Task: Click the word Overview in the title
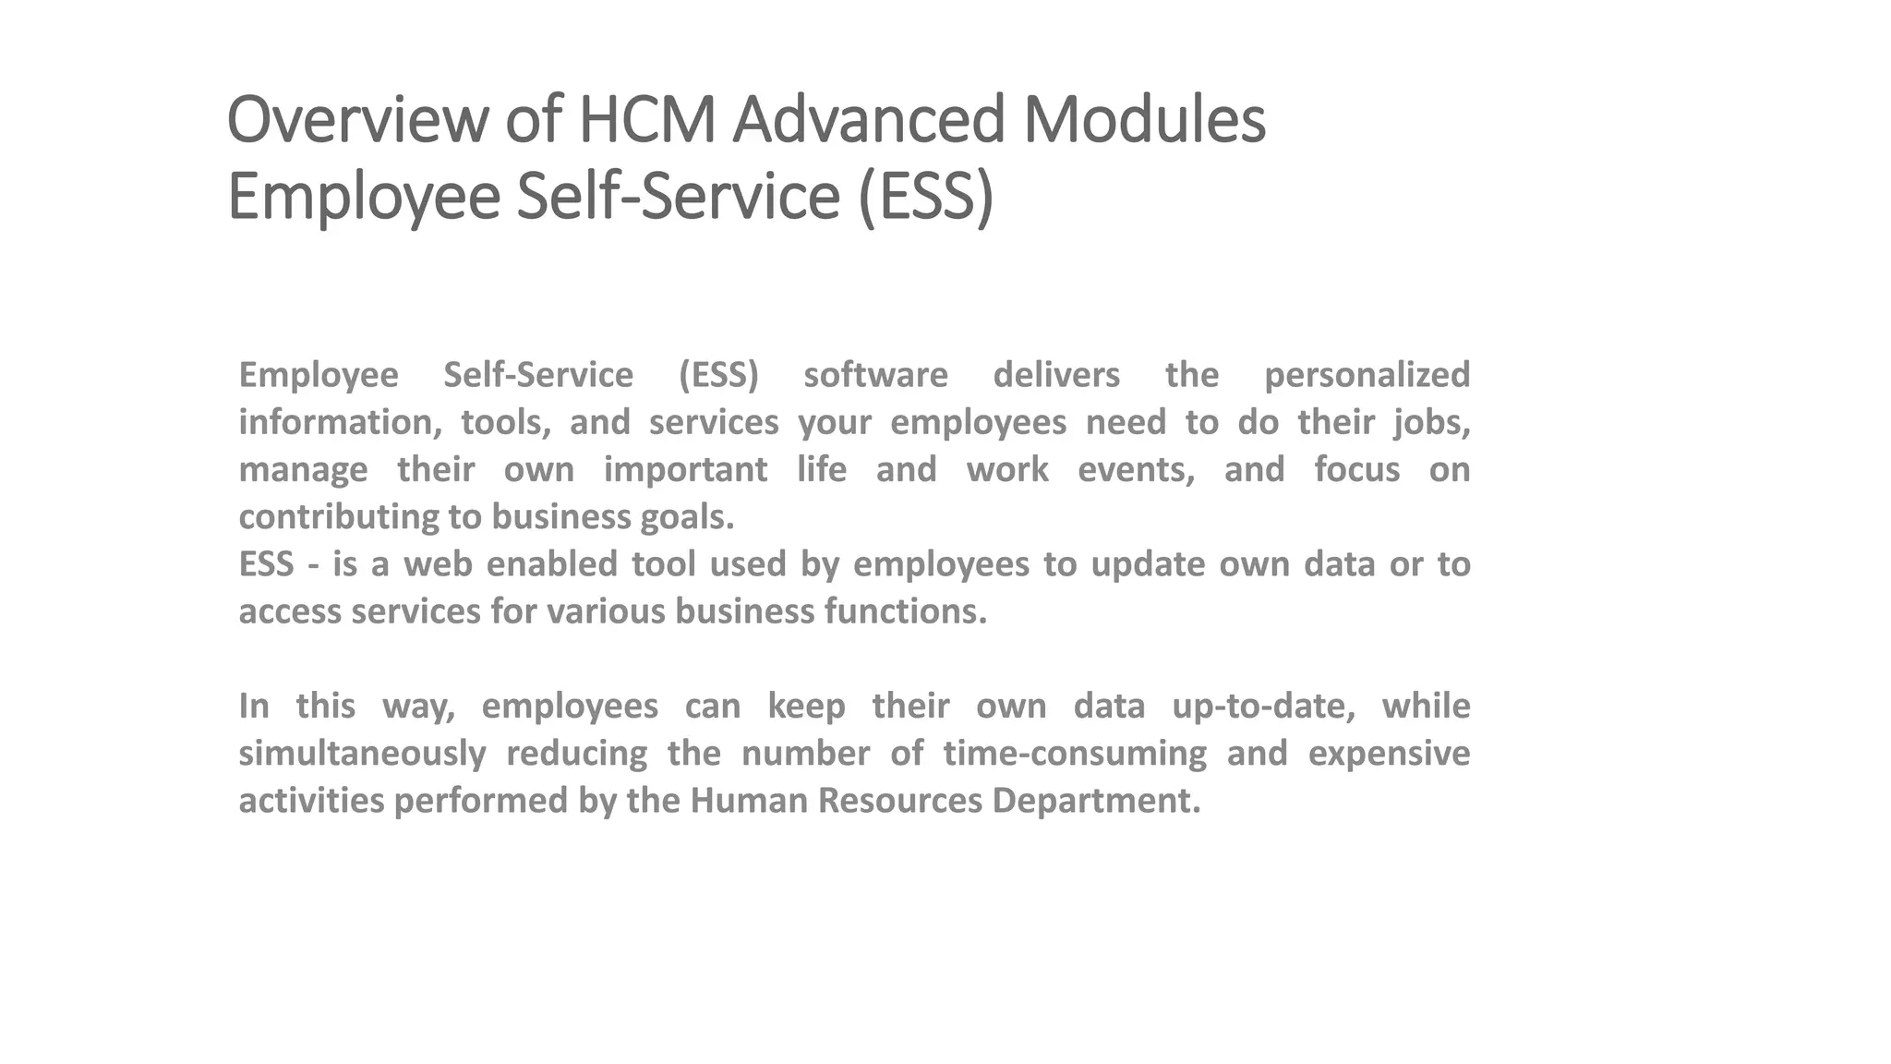[356, 120]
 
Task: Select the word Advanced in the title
[868, 120]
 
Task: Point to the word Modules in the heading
[1144, 120]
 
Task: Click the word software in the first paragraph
[875, 375]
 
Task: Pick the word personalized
[1367, 375]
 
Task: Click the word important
[685, 470]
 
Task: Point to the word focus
[1356, 470]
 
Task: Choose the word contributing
[339, 517]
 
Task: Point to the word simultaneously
[362, 754]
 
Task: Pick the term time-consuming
[1075, 754]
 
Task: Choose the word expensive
[1389, 754]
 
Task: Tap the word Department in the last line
[1096, 801]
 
